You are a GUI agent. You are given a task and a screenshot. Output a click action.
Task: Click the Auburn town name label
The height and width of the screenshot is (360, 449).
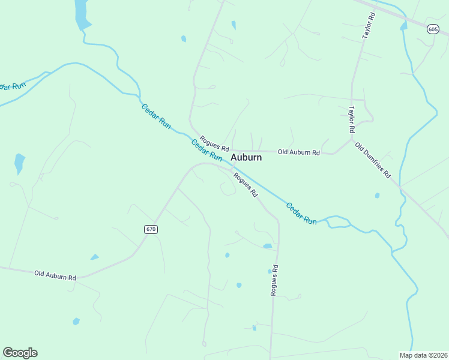coord(246,157)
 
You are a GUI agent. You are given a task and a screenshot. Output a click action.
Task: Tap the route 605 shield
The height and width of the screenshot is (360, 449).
coord(433,29)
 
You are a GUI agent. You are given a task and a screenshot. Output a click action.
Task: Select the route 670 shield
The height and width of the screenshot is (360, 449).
coord(151,229)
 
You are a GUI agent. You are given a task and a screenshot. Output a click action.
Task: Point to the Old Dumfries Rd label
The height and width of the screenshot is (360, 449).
coord(373,160)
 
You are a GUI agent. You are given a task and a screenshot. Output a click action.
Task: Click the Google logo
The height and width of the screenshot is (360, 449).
coord(20,353)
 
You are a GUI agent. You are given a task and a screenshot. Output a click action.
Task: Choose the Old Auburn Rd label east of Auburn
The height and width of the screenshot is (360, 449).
coord(299,152)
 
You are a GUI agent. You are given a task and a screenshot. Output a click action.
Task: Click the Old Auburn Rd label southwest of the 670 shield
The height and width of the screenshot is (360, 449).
coord(55,275)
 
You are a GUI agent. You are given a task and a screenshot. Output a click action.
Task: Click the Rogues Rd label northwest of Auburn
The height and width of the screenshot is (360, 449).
coord(214,143)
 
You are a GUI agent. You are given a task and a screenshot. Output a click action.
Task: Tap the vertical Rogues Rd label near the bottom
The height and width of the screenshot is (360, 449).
coord(274,280)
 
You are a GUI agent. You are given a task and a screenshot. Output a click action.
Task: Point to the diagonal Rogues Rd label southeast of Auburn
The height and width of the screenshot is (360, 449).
coord(245,185)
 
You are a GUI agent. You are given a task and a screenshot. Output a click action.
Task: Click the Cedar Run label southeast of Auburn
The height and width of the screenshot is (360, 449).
coord(301,214)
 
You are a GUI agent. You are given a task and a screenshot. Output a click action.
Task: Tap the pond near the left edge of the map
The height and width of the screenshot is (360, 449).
coord(20,163)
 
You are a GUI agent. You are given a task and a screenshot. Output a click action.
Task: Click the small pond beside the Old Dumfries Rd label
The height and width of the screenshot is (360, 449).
coord(377,195)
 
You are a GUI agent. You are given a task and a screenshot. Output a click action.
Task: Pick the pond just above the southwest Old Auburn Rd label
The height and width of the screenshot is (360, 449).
coord(94,257)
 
